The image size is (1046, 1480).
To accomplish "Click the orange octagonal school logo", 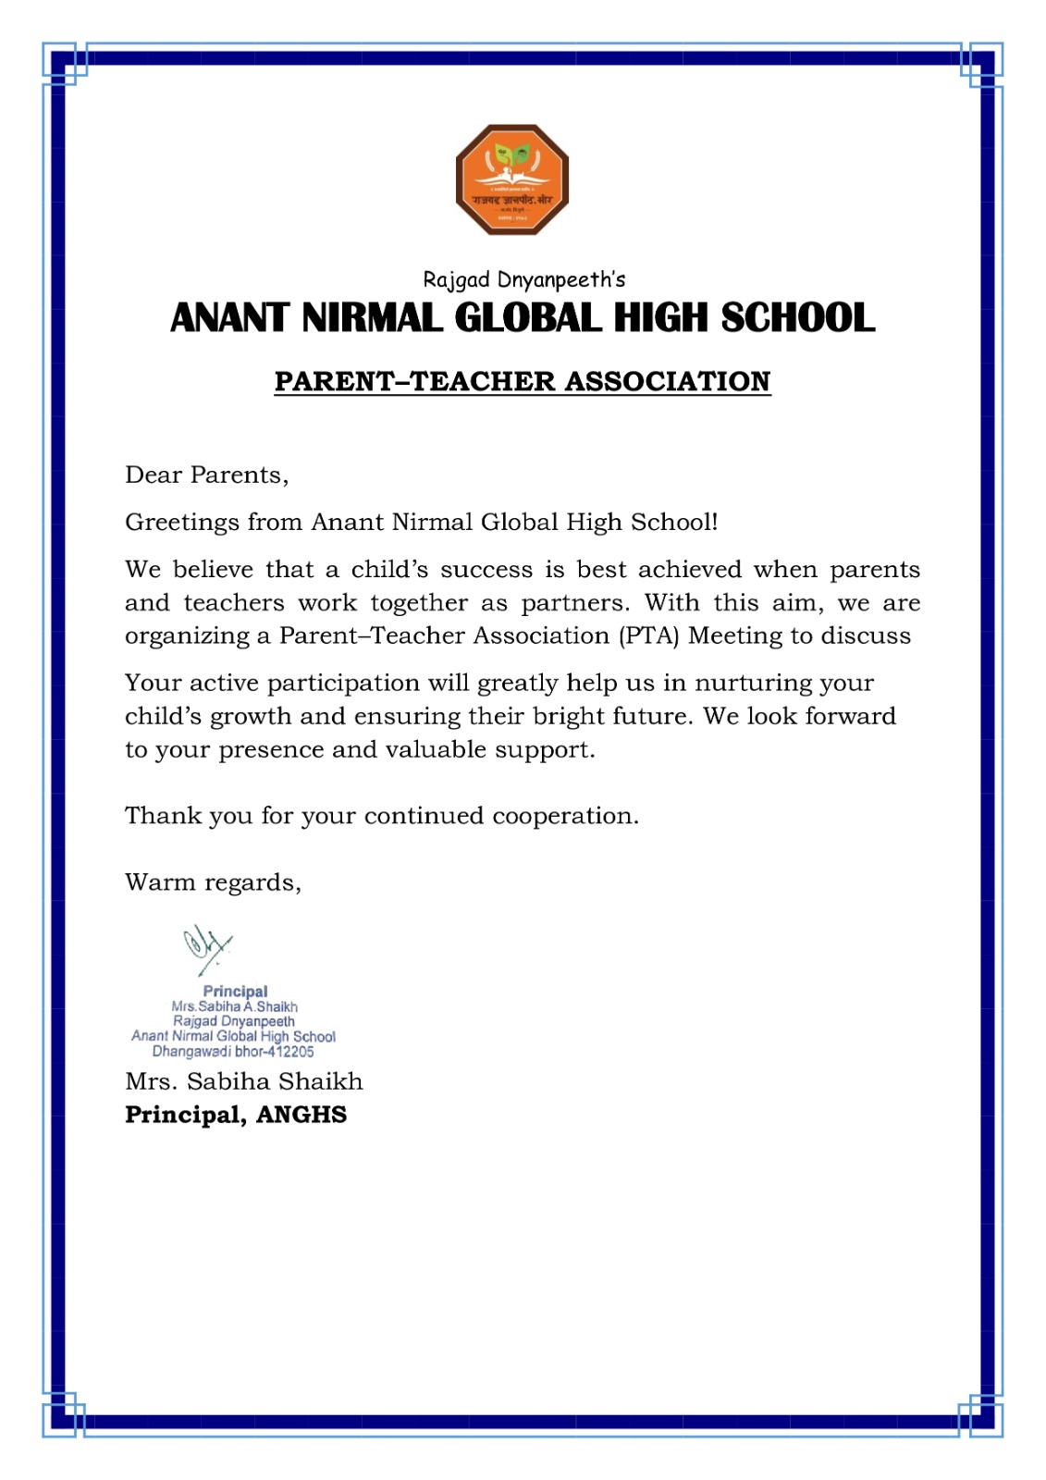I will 511,179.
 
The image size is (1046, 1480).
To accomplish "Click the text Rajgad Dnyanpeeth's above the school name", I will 523,279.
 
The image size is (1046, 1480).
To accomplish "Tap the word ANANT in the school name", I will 230,318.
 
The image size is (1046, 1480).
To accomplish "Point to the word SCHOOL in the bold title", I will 797,318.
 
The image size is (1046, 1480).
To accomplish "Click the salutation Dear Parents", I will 206,475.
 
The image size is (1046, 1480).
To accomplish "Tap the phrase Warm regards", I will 213,882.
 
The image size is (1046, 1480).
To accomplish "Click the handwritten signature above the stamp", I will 206,949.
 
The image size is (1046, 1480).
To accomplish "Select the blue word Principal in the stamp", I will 235,992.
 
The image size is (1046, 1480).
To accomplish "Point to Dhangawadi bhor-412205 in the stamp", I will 233,1052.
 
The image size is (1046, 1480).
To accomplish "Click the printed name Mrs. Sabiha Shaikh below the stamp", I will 244,1081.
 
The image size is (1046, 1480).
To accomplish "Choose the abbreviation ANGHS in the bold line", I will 301,1115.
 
